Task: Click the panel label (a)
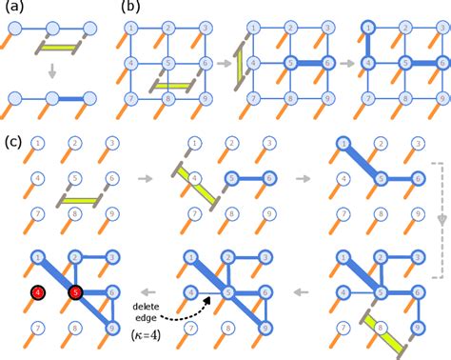tap(12, 9)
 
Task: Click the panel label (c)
tap(12, 142)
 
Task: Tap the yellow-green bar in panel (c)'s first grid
tap(82, 197)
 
